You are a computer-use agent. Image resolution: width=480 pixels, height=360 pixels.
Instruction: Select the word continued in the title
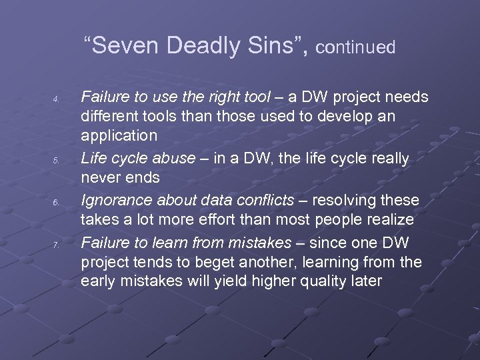click(x=355, y=48)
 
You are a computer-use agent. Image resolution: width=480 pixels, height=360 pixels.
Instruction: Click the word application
click(x=119, y=137)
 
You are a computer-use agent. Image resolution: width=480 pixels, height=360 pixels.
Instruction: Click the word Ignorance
click(x=115, y=200)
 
